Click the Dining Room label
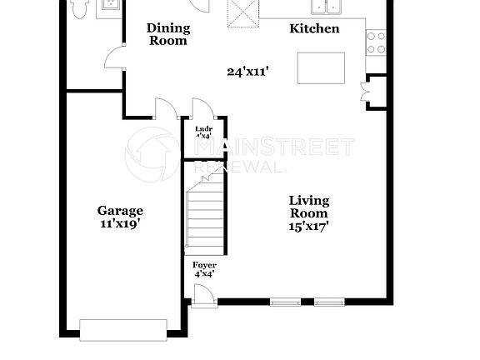coord(168,34)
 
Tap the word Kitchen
coord(314,29)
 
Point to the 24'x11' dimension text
coord(247,72)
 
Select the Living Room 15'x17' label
coord(309,212)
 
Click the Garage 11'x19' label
coord(120,217)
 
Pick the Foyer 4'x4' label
coord(204,269)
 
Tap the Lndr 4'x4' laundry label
coord(204,133)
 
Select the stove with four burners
coord(376,42)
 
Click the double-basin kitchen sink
coord(327,7)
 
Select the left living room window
coord(286,301)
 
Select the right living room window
coord(329,301)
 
